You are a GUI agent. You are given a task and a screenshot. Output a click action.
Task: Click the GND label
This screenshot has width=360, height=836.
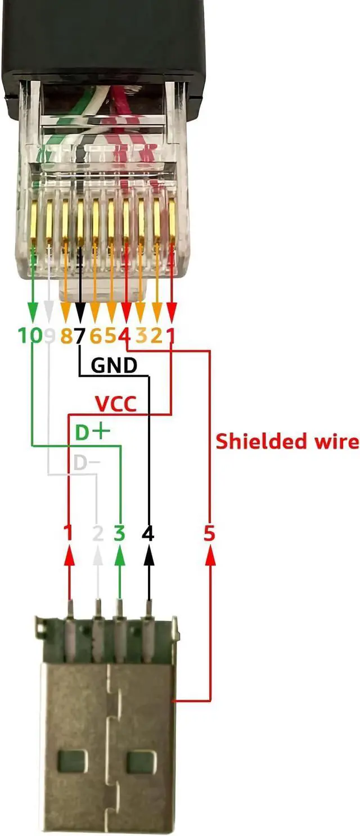click(x=114, y=365)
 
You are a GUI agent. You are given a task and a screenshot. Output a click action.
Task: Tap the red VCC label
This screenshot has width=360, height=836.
click(x=116, y=404)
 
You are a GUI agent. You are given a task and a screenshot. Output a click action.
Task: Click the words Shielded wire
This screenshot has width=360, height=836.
click(x=287, y=441)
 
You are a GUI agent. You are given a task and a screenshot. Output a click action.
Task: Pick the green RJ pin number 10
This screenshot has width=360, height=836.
click(x=30, y=336)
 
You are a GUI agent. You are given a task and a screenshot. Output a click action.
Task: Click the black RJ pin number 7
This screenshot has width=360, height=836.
click(x=80, y=336)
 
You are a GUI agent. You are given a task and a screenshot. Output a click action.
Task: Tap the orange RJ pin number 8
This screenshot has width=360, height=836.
click(x=66, y=336)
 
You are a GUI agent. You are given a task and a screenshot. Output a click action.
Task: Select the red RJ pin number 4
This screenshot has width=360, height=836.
click(x=125, y=336)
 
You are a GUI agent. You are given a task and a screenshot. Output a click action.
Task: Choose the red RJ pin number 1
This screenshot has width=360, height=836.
click(x=171, y=336)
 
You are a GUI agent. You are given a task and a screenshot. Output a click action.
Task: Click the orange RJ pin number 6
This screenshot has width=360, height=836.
click(x=96, y=336)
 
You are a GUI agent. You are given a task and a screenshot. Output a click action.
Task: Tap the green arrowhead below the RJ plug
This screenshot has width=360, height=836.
click(x=33, y=310)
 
